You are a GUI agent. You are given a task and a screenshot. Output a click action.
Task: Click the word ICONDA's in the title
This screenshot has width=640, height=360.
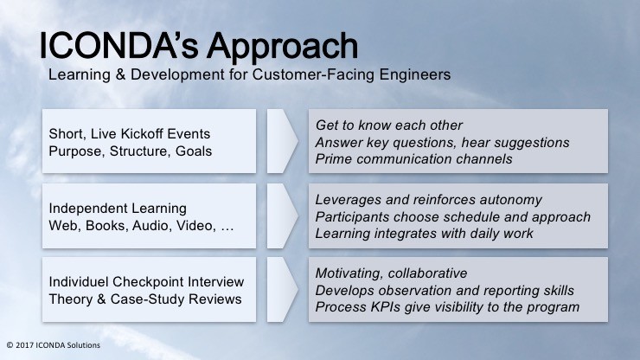point(118,46)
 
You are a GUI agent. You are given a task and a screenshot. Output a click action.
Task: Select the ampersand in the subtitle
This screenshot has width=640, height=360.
point(120,74)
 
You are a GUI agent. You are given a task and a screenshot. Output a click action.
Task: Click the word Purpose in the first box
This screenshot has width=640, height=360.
point(75,151)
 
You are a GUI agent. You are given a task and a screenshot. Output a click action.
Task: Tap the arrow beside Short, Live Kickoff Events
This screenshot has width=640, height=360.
point(283,141)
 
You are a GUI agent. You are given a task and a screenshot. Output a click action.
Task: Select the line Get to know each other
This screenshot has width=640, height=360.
point(389,125)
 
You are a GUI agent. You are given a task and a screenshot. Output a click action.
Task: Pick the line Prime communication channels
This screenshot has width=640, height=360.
point(414,159)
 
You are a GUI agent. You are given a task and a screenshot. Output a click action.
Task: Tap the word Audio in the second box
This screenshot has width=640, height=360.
point(150,226)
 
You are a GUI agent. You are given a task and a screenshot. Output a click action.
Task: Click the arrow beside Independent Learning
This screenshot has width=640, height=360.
point(283,215)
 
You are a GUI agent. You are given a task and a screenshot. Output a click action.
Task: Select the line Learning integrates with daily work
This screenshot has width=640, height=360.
point(424,234)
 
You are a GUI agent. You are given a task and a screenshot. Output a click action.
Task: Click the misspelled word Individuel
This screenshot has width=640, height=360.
point(79,282)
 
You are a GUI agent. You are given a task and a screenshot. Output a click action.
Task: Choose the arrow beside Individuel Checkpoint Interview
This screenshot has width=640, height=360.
point(283,289)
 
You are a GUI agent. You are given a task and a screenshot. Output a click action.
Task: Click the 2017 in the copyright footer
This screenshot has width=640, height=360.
point(25,345)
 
